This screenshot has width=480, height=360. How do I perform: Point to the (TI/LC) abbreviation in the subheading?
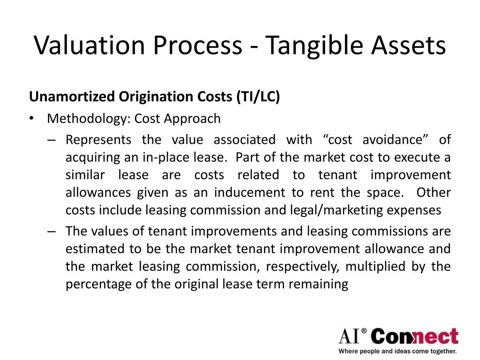(258, 97)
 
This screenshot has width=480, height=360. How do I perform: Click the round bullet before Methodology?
(31, 119)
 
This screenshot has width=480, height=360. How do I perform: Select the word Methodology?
(87, 119)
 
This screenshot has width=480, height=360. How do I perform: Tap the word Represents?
(98, 140)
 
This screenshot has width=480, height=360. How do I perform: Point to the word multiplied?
(370, 267)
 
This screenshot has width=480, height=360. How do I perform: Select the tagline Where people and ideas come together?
(397, 351)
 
